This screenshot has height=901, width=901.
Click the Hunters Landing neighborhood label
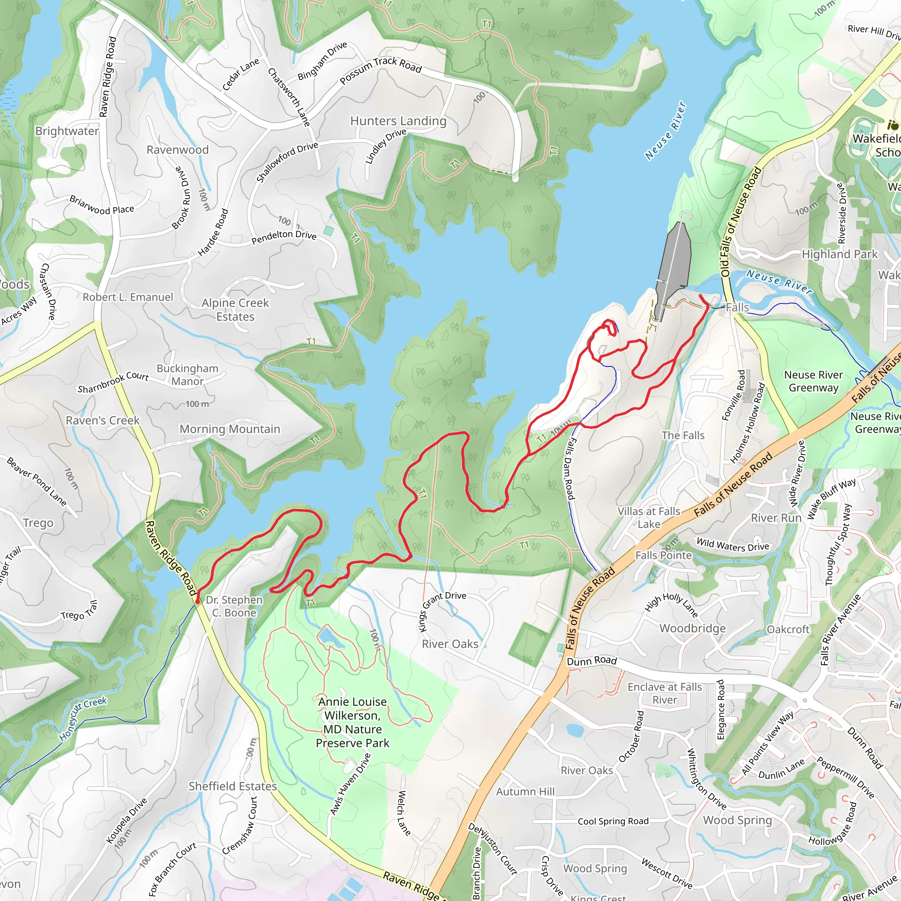click(398, 121)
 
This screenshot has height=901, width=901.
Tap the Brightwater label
click(67, 131)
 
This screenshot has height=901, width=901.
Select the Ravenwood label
click(178, 150)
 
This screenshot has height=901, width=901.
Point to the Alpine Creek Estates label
click(235, 310)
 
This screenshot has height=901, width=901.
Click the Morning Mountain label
click(230, 429)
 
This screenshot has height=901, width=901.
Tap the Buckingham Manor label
click(187, 375)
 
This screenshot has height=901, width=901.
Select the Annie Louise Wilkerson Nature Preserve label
click(352, 722)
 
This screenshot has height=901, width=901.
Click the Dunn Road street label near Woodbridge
click(591, 661)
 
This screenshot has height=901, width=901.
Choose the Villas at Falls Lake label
click(649, 518)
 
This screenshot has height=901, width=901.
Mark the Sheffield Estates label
click(233, 786)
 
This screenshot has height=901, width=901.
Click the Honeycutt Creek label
click(83, 719)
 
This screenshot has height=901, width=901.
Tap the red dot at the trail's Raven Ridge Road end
click(197, 601)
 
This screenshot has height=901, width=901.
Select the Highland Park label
click(839, 254)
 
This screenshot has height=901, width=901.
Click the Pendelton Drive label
click(284, 236)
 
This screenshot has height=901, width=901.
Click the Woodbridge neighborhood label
click(692, 628)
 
